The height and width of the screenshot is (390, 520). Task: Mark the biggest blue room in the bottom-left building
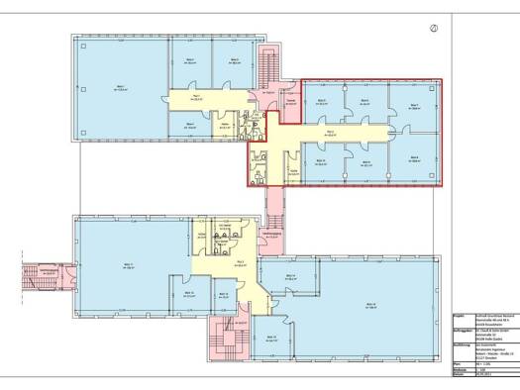pyautogui.click(x=129, y=262)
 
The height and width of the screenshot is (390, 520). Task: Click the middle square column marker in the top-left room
pyautogui.click(x=121, y=86)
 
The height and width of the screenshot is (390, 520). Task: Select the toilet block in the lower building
pyautogui.click(x=223, y=243)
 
